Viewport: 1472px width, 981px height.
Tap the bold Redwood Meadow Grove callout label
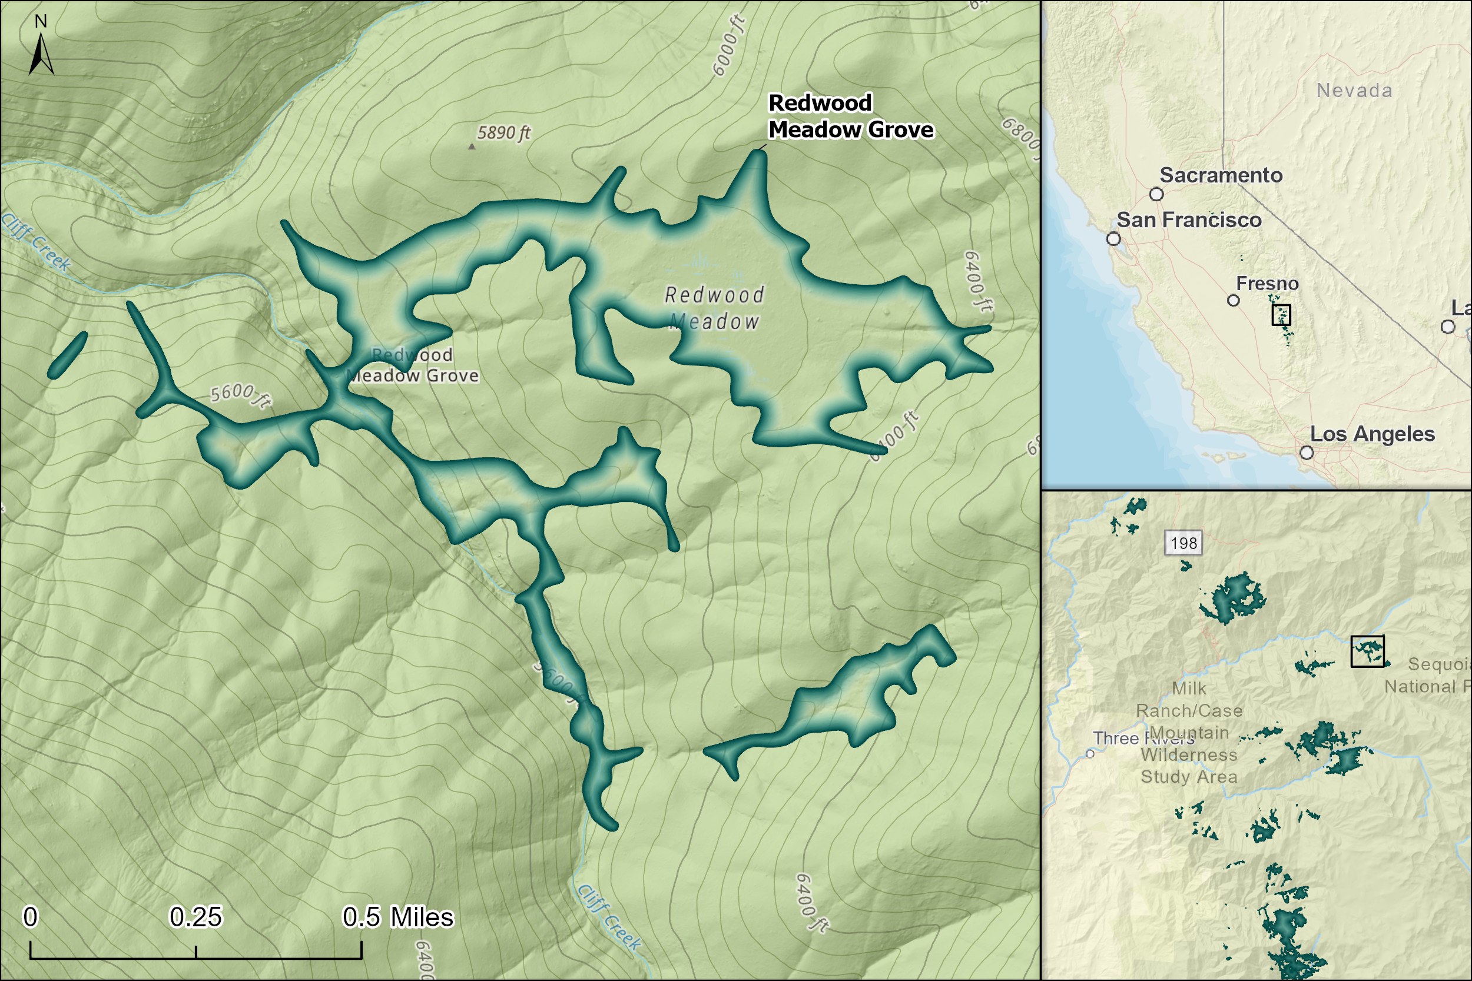click(x=850, y=117)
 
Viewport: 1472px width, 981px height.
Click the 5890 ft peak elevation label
click(x=504, y=132)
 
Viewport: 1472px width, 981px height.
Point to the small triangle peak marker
click(x=472, y=147)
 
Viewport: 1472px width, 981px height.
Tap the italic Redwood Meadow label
click(x=714, y=308)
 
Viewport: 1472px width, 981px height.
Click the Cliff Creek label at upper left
click(x=37, y=242)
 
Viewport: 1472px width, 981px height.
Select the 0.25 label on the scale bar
click(x=195, y=917)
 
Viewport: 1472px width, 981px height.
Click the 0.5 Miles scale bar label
click(x=397, y=917)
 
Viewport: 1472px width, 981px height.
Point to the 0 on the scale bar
click(x=30, y=917)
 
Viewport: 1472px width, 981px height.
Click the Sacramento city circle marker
click(x=1156, y=194)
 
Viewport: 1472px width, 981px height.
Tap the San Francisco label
click(x=1188, y=220)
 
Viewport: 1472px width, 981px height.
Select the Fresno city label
click(x=1267, y=284)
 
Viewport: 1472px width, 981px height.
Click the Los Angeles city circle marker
click(x=1307, y=453)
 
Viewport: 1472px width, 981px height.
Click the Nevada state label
click(x=1354, y=91)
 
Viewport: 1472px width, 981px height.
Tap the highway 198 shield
click(x=1183, y=543)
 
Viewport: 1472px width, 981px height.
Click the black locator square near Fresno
click(x=1281, y=315)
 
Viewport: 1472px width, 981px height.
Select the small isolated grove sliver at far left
click(x=68, y=355)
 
